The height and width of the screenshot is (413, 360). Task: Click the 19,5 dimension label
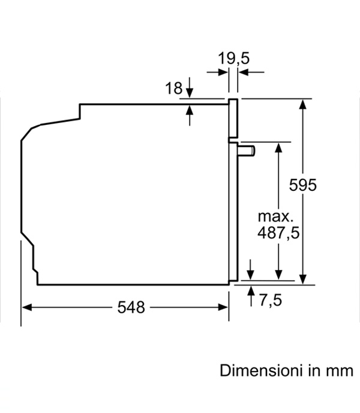(x=233, y=58)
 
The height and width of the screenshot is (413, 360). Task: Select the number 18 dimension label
(x=173, y=88)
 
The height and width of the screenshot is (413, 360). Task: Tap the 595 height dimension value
(x=303, y=185)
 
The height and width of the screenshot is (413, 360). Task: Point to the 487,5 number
(x=278, y=233)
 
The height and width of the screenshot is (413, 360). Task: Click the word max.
(x=275, y=217)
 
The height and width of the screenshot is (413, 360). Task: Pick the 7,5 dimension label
(x=271, y=300)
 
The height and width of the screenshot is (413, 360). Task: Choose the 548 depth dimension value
(x=131, y=307)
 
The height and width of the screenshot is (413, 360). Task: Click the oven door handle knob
(x=247, y=151)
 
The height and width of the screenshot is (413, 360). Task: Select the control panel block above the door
(x=233, y=118)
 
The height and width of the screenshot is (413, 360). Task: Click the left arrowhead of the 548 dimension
(x=26, y=307)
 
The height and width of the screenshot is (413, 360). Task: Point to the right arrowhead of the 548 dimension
(x=223, y=307)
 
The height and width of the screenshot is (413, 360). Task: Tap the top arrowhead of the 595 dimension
(x=303, y=104)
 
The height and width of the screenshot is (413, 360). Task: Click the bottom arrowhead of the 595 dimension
(x=303, y=280)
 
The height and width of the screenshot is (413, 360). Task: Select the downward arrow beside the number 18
(x=190, y=88)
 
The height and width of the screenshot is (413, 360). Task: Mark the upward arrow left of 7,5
(x=251, y=296)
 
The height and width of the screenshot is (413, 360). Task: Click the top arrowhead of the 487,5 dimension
(x=278, y=147)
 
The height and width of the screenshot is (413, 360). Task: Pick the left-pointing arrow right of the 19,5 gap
(x=251, y=72)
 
